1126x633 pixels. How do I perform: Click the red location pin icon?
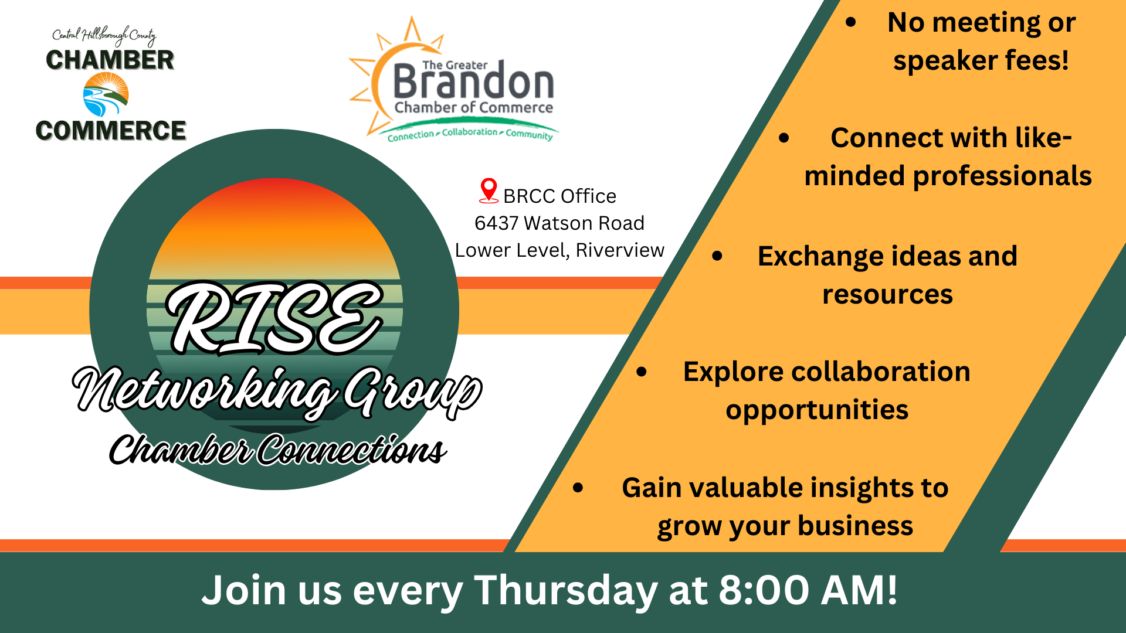(x=489, y=190)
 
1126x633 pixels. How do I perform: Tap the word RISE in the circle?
(x=274, y=318)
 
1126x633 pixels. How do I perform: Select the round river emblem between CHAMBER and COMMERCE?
(x=106, y=94)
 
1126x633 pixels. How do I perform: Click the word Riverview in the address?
(x=620, y=250)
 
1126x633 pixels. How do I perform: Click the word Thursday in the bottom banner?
(x=566, y=591)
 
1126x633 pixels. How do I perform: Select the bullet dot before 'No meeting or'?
(x=850, y=23)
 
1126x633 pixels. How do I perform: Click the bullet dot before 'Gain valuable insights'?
(x=578, y=488)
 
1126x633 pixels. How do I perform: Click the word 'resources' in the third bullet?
(x=887, y=294)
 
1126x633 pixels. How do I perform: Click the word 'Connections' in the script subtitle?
(x=352, y=450)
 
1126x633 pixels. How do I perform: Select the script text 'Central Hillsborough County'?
(x=104, y=36)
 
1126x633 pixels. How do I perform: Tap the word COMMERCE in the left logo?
(x=111, y=130)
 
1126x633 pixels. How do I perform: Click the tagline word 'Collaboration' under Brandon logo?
(x=469, y=132)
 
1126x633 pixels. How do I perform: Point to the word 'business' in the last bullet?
(x=856, y=526)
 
